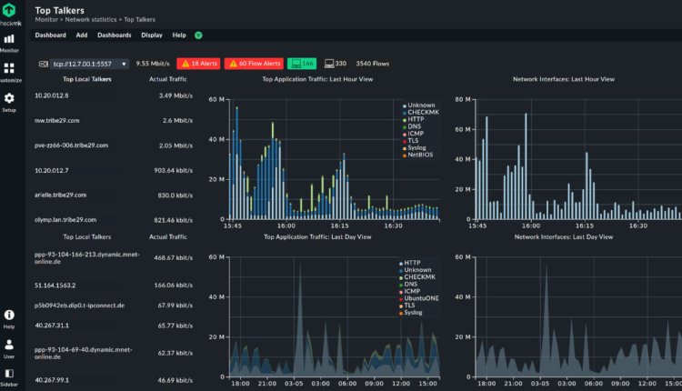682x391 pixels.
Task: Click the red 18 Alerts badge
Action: [198, 64]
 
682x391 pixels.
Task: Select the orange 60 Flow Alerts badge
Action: [253, 64]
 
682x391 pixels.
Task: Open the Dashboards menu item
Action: [114, 35]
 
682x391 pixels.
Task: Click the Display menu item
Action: [152, 35]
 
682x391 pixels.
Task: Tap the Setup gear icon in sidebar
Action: [9, 99]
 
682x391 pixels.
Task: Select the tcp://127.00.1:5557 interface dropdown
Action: [82, 64]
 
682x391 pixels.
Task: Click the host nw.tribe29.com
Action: [57, 120]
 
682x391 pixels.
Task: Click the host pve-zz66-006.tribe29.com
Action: [71, 145]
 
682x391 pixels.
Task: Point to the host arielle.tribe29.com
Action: [58, 195]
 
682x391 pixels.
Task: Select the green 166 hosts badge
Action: [301, 64]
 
